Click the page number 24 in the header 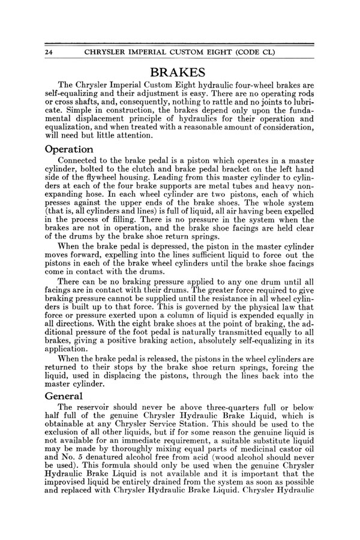pos(50,52)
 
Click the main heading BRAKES pos(179,73)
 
